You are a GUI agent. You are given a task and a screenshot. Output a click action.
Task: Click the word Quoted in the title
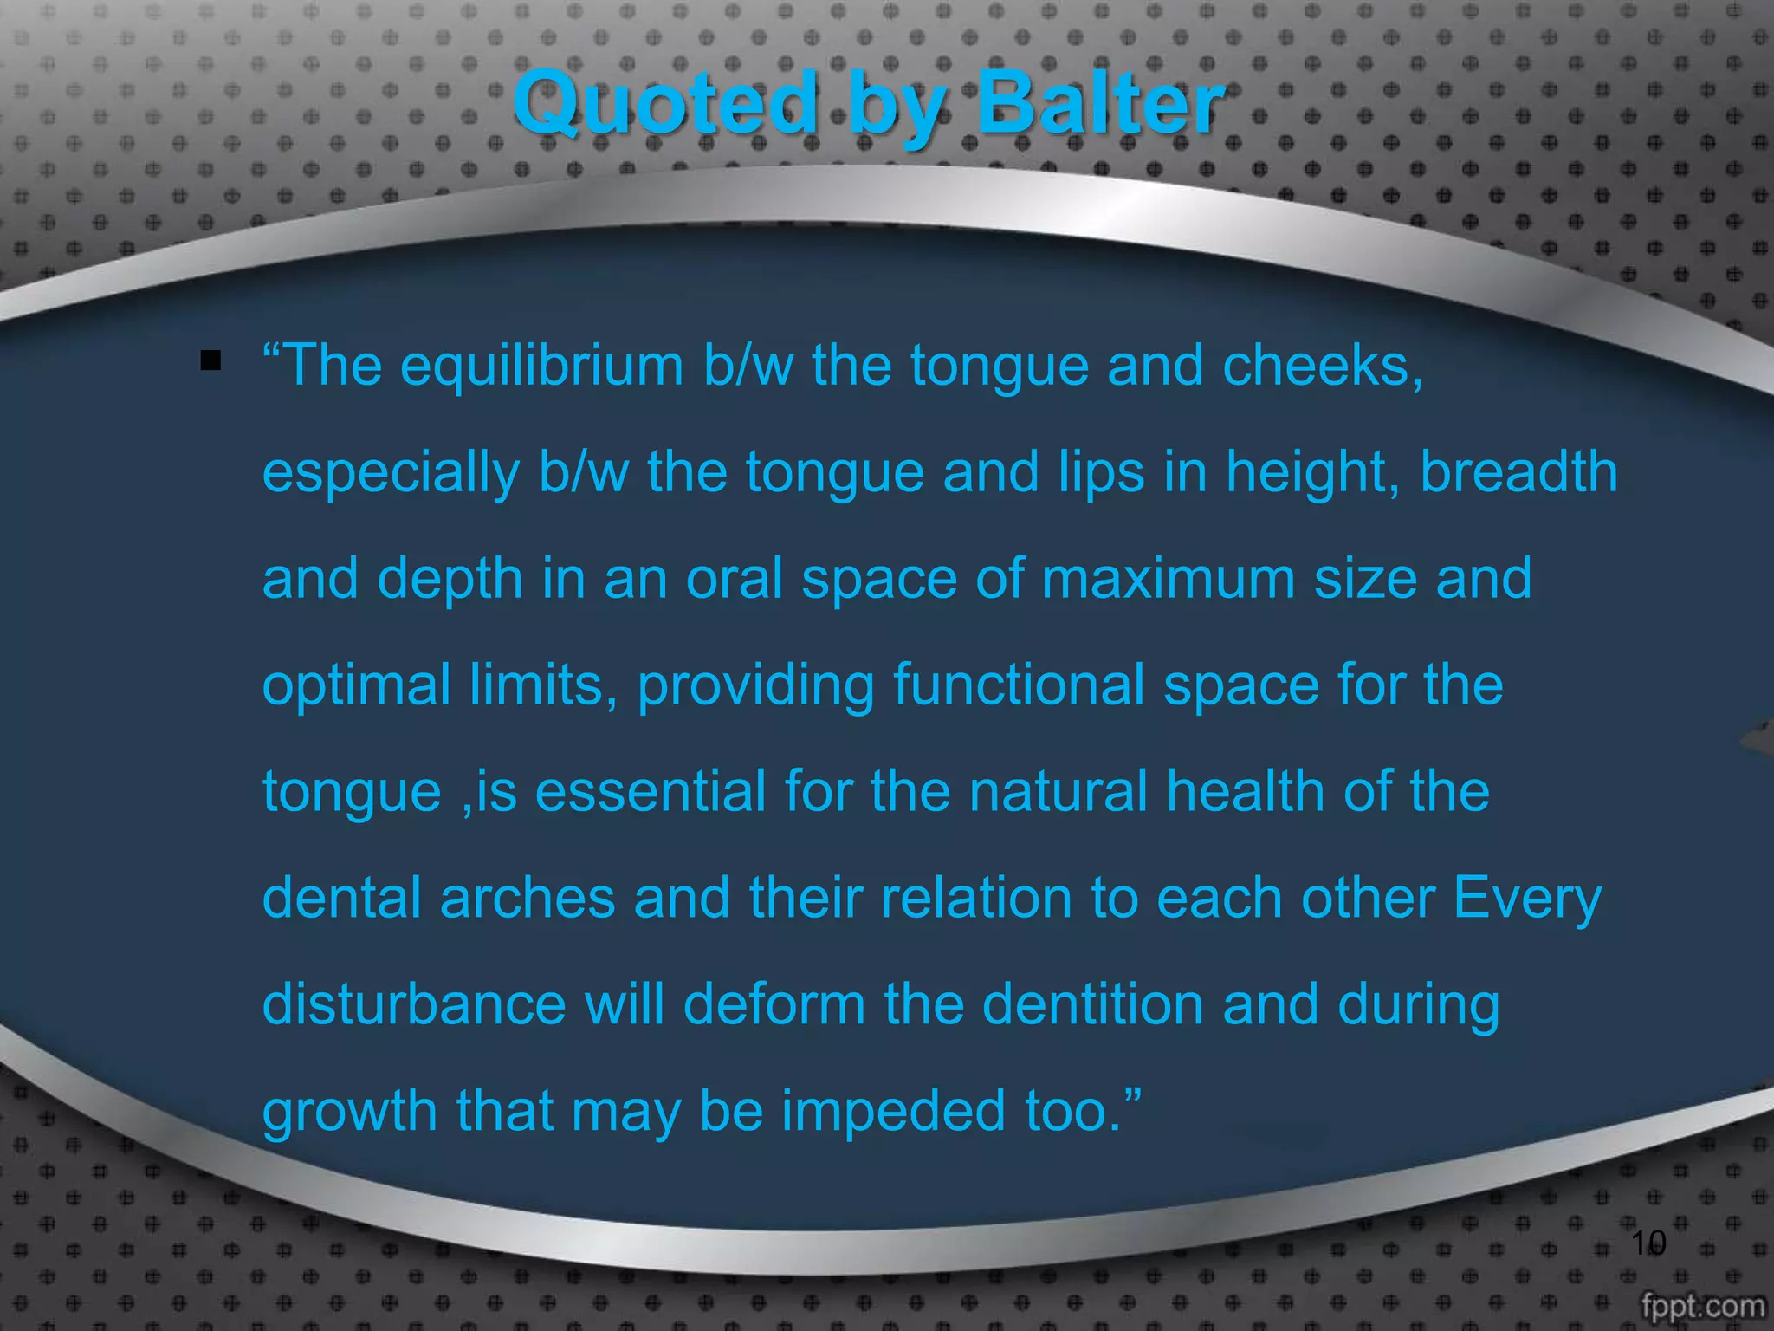665,104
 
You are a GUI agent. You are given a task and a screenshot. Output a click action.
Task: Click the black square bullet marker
210,360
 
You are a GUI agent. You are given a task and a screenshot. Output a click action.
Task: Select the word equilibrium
541,366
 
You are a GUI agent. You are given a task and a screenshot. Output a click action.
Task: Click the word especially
391,473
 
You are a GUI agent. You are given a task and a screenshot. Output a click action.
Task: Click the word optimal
357,685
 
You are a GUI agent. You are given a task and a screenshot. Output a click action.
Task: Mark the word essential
651,792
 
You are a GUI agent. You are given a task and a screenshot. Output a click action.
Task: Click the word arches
527,898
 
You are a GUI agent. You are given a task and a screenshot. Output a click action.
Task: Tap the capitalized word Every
1527,898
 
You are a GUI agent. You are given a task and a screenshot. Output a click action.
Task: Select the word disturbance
414,1004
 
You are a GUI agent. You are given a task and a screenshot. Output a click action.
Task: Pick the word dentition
1092,1004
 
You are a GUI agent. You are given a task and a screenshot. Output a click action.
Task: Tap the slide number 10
1648,1243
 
